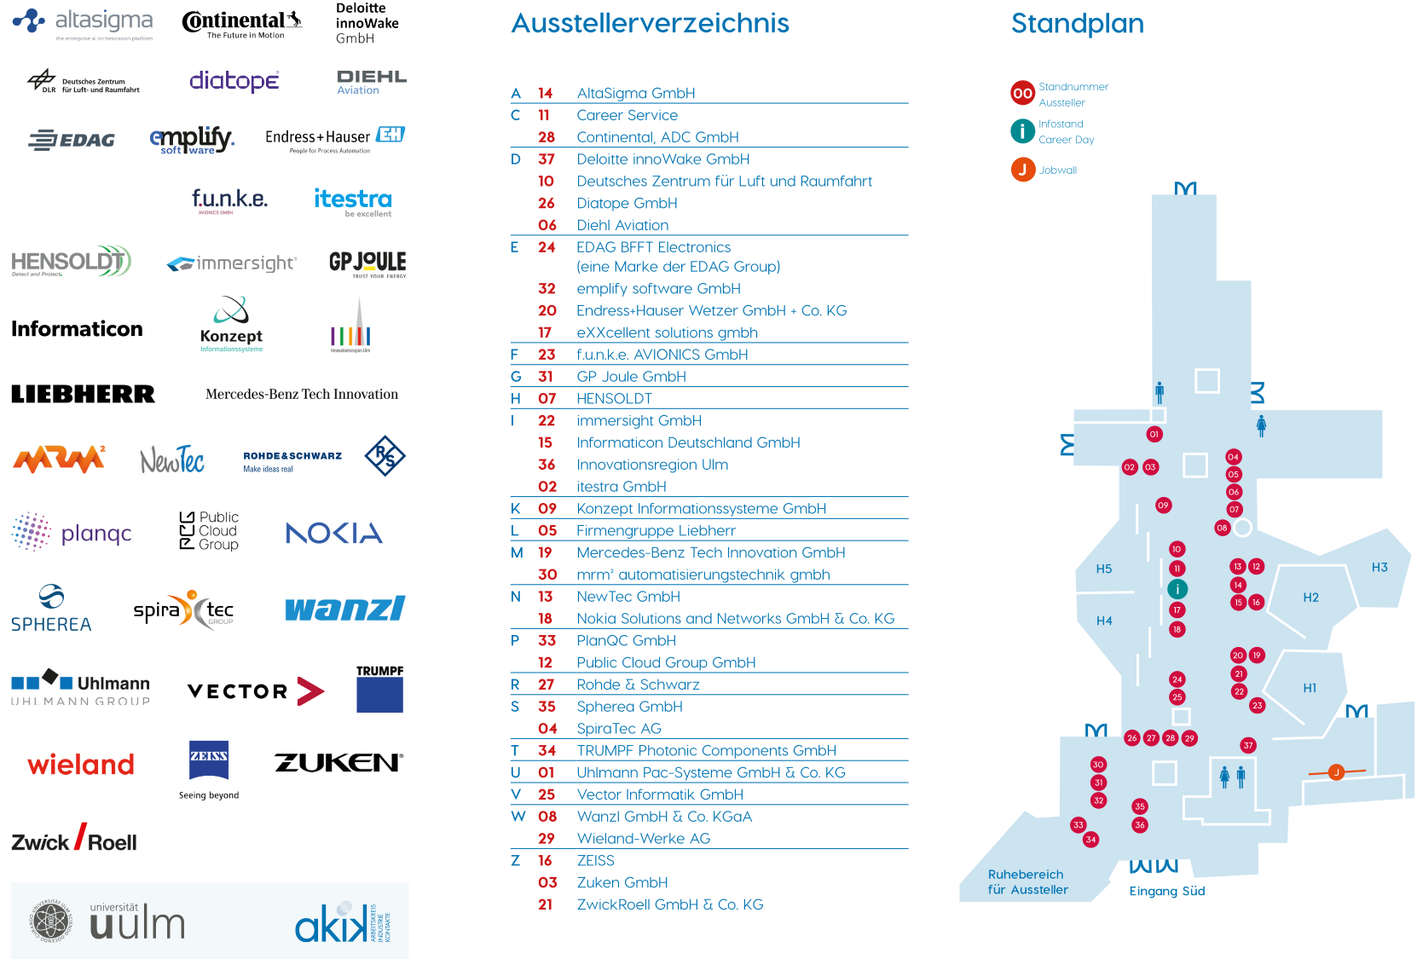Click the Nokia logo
(x=334, y=532)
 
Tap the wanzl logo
(x=346, y=609)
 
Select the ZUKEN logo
(x=337, y=763)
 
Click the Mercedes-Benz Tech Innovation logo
(x=302, y=394)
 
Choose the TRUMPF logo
(x=379, y=689)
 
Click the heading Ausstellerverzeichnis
(x=650, y=24)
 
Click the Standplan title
(x=1077, y=24)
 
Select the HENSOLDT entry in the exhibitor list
(x=614, y=399)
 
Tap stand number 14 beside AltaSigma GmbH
(x=546, y=94)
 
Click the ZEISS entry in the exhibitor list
(x=595, y=861)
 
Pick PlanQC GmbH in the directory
(x=626, y=641)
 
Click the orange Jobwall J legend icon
(x=1022, y=170)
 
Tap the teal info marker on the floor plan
(x=1177, y=589)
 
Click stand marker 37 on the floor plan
(x=1248, y=745)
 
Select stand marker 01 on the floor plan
(x=1154, y=434)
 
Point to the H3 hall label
(x=1379, y=567)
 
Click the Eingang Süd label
(x=1166, y=892)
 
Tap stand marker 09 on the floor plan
(x=1163, y=505)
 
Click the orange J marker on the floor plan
(x=1336, y=772)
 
